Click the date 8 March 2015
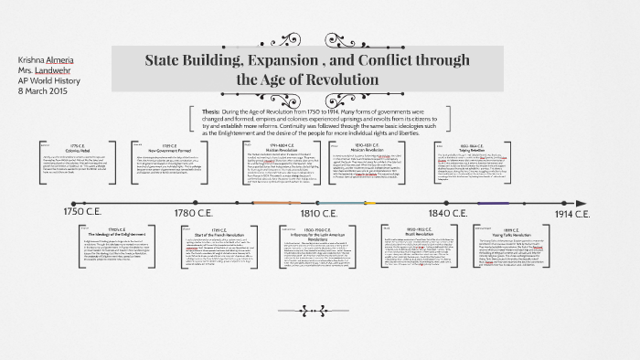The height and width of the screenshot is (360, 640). (42, 91)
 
